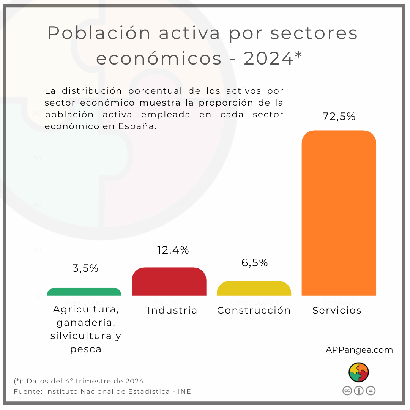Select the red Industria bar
[x=169, y=282]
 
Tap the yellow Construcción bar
[x=254, y=289]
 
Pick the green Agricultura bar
[x=84, y=292]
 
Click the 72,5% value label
[x=339, y=117]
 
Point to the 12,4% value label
[x=173, y=250]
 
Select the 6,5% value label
[x=255, y=263]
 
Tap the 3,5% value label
[x=85, y=268]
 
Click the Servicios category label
[x=337, y=311]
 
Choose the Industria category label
[x=172, y=311]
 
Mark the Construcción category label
[x=254, y=311]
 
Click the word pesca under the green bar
[x=86, y=349]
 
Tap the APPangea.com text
[x=359, y=350]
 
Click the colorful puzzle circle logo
[x=359, y=372]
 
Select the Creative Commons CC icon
[x=347, y=391]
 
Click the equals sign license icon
[x=371, y=391]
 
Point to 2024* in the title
[x=273, y=58]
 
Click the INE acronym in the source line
[x=184, y=391]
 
